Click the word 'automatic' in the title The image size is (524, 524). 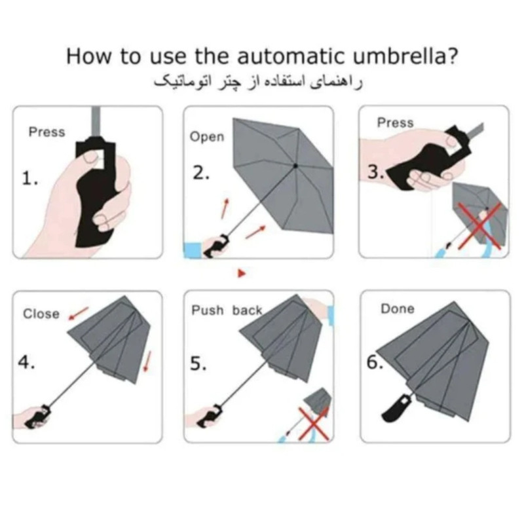coord(290,56)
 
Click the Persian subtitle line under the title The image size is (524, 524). coord(258,83)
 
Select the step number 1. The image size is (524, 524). coord(29,178)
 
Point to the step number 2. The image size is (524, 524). coord(201,173)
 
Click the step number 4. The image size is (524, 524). coord(26,362)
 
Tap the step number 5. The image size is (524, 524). coord(198,364)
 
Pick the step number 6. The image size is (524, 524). coord(375,362)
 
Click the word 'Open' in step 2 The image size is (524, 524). coord(207,137)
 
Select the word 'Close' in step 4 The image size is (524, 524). coord(41,314)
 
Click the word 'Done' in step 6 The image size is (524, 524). coord(398,309)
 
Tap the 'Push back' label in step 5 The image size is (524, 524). coord(227,310)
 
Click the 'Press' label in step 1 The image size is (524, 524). coord(47,132)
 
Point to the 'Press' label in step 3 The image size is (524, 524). coord(396,122)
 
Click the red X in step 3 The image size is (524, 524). coord(480,225)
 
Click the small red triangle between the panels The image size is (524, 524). coord(242,273)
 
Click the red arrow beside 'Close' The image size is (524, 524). coord(79,314)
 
